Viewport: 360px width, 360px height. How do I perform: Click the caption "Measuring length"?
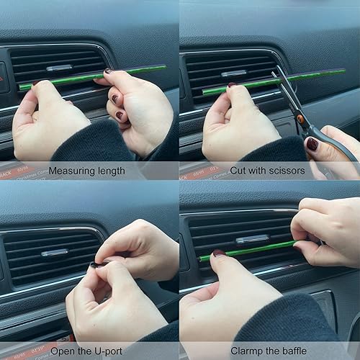click(x=86, y=171)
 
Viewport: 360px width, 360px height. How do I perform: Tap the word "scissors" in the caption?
click(x=293, y=171)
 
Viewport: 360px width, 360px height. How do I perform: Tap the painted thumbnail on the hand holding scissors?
click(x=312, y=143)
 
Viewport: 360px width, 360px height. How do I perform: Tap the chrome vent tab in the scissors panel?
click(x=234, y=73)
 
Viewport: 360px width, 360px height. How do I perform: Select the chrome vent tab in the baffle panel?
click(x=251, y=239)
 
